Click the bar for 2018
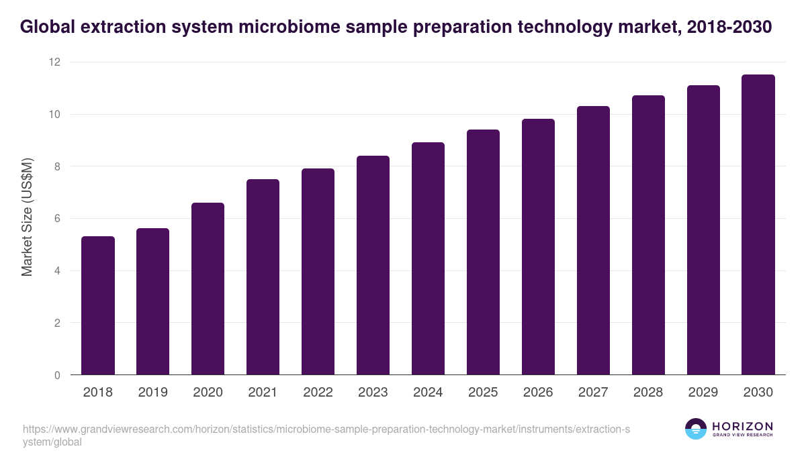98,305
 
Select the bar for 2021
263,276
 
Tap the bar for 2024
428,258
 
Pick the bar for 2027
593,240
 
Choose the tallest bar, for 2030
758,225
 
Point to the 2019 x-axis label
153,393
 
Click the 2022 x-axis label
318,393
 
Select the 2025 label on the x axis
483,393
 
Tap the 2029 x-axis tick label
703,393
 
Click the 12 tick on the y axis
54,62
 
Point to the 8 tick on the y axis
57,166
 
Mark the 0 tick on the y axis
57,375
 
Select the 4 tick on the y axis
57,271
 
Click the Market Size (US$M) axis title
27,219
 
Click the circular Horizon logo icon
695,429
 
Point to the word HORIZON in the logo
742,426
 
